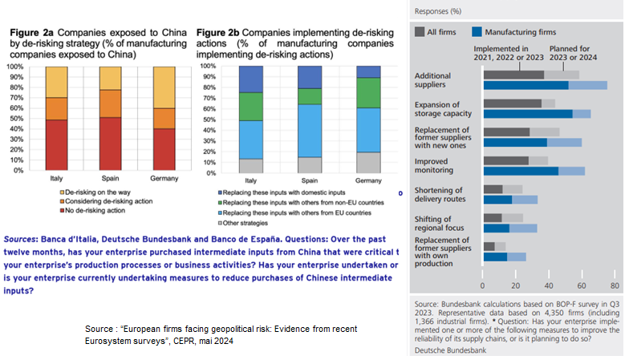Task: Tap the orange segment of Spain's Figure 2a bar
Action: (x=112, y=103)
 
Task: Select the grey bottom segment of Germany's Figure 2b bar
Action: (x=369, y=162)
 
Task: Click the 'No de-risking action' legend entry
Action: (x=95, y=212)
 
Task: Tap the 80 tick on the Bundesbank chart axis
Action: (x=614, y=285)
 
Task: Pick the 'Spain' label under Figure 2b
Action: (x=310, y=181)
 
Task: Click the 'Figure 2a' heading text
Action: (x=33, y=32)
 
